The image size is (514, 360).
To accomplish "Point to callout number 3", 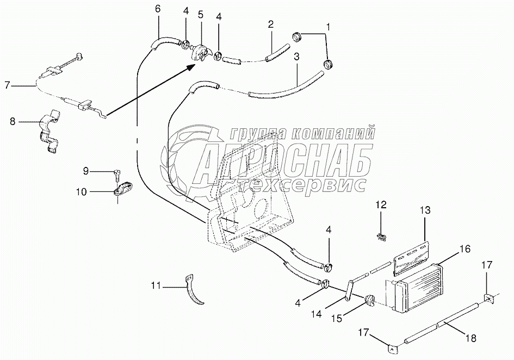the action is click(x=296, y=56).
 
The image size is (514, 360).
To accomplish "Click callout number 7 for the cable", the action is click(x=7, y=85).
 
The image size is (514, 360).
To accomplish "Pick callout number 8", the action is click(x=13, y=122).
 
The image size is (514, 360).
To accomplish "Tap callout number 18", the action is click(x=471, y=338).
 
